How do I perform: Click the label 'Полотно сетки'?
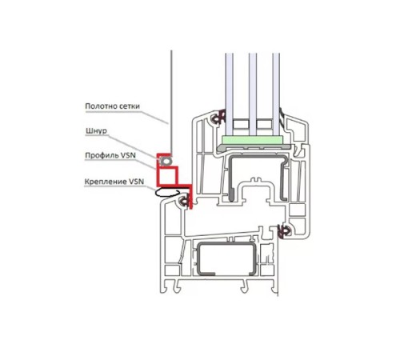coord(112,106)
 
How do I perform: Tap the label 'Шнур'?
coord(96,131)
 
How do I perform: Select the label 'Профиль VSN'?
coord(110,155)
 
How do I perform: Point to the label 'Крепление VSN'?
coord(114,182)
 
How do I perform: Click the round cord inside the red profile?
coord(166,161)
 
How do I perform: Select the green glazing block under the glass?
coord(252,140)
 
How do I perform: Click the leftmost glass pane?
coord(229,94)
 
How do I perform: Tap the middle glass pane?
coord(253,94)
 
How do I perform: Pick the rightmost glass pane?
coord(276,94)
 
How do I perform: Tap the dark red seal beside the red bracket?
coord(185,201)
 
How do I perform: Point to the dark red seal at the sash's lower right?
coord(284,231)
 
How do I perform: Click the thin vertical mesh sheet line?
coord(171,102)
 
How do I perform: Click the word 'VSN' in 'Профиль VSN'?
coord(129,155)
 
